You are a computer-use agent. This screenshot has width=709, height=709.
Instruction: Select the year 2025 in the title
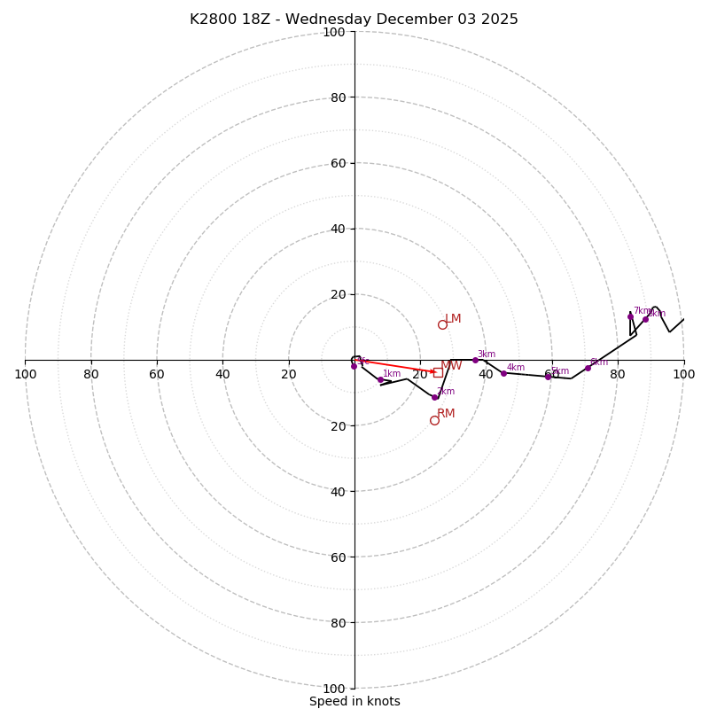[x=500, y=19]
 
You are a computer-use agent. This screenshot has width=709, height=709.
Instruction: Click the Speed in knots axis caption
[x=354, y=701]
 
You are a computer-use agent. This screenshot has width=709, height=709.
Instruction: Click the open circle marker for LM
[x=442, y=324]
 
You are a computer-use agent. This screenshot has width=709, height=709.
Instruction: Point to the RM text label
[x=446, y=414]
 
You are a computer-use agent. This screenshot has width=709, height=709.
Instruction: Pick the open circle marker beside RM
[x=434, y=420]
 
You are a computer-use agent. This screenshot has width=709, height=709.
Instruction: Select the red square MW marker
[x=438, y=372]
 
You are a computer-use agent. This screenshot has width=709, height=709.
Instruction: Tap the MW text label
[x=451, y=366]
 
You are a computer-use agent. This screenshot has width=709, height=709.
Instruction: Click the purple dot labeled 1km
[x=380, y=379]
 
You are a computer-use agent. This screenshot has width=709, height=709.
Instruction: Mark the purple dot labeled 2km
[x=434, y=397]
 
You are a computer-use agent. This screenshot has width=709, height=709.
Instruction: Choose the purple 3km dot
[x=475, y=360]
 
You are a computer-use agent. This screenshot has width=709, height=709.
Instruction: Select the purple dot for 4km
[x=503, y=373]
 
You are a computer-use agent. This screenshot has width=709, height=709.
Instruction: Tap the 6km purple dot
[x=588, y=368]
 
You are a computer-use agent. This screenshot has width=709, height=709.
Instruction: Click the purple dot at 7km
[x=630, y=316]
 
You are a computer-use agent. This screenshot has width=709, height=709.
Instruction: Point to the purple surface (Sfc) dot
[x=354, y=366]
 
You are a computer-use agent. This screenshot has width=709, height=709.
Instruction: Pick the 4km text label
[x=516, y=368]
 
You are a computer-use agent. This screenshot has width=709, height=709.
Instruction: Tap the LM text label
[x=453, y=319]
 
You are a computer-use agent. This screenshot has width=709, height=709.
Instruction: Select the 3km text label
[x=487, y=354]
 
